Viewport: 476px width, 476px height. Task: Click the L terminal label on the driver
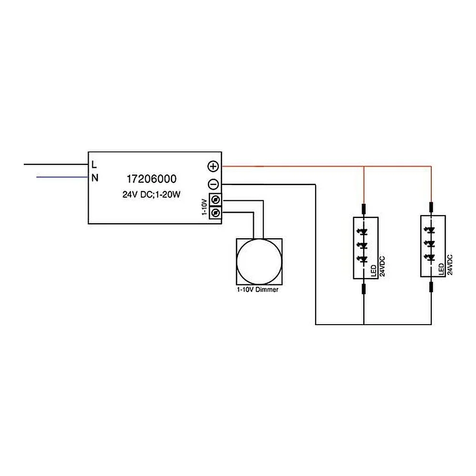(x=94, y=165)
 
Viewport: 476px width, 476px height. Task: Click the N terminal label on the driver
(x=95, y=178)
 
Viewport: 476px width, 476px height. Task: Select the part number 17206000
(x=151, y=179)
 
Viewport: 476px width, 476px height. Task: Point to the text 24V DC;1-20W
(x=151, y=194)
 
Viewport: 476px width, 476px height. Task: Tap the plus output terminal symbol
(x=213, y=166)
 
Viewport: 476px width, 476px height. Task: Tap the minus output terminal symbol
(x=213, y=184)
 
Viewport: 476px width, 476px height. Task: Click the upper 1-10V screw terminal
(x=216, y=200)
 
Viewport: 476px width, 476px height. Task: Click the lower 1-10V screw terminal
(x=216, y=213)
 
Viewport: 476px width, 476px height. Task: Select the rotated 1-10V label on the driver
(x=205, y=207)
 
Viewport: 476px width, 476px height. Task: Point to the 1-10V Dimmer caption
(x=258, y=289)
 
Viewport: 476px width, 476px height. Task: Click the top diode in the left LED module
(x=363, y=232)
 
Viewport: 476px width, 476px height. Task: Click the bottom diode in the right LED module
(x=431, y=258)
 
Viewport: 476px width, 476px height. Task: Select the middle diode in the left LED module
(x=363, y=245)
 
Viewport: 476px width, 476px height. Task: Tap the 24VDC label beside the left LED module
(x=382, y=266)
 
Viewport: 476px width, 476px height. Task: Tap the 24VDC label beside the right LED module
(x=450, y=265)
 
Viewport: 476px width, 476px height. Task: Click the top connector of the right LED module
(x=431, y=208)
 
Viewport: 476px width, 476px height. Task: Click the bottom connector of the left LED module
(x=363, y=289)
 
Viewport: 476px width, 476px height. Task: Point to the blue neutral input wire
(x=62, y=177)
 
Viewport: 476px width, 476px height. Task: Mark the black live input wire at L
(x=56, y=165)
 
